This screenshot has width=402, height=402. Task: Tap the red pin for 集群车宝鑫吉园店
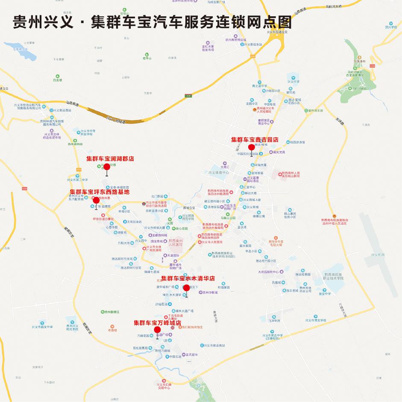(x=251, y=147)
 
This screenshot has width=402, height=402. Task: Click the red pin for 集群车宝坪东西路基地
(x=96, y=200)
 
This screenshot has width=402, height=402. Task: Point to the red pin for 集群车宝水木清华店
(x=186, y=288)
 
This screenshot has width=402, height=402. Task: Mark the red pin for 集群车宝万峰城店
(x=157, y=330)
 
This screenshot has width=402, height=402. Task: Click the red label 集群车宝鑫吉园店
(x=255, y=140)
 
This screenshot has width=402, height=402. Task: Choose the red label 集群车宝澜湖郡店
(x=110, y=158)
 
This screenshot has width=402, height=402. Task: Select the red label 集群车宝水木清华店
(x=188, y=279)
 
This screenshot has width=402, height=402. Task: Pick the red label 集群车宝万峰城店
(x=158, y=323)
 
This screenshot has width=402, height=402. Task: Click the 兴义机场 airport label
(x=377, y=255)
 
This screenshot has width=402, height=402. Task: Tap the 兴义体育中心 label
(x=218, y=173)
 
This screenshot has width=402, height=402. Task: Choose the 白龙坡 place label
(x=57, y=80)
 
